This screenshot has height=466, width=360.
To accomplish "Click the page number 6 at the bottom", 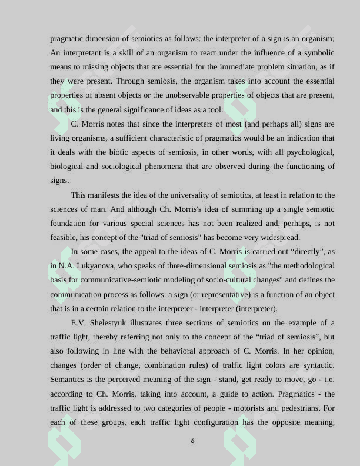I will click(x=192, y=441).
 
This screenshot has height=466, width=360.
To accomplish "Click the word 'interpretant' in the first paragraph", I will click(x=83, y=53).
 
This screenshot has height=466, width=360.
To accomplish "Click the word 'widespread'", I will click(x=279, y=238).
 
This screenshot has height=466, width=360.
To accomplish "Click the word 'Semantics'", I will click(x=69, y=380).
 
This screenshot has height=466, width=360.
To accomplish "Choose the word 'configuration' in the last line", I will click(x=215, y=422).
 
